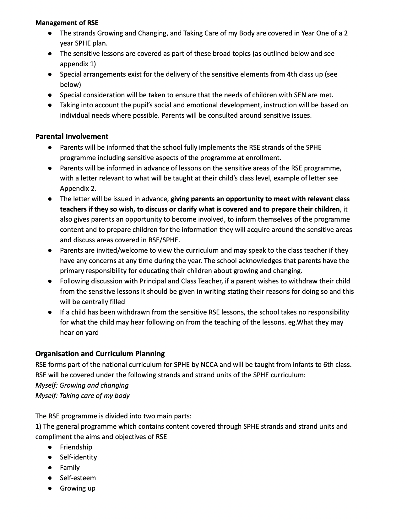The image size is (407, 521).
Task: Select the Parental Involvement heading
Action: [x=72, y=137]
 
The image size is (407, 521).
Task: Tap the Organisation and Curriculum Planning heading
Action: [x=100, y=354]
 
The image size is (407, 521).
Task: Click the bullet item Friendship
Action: [x=76, y=447]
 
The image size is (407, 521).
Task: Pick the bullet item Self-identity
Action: [x=79, y=457]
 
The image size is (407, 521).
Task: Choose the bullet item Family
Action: [x=70, y=468]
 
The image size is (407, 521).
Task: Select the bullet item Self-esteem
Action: [x=78, y=478]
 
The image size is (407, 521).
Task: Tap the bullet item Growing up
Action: [x=78, y=488]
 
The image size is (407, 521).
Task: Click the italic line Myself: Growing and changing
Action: [x=82, y=385]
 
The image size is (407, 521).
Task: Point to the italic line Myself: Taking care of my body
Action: [x=82, y=396]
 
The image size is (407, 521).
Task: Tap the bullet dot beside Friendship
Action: [x=50, y=447]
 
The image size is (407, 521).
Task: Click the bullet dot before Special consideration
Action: [x=50, y=95]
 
